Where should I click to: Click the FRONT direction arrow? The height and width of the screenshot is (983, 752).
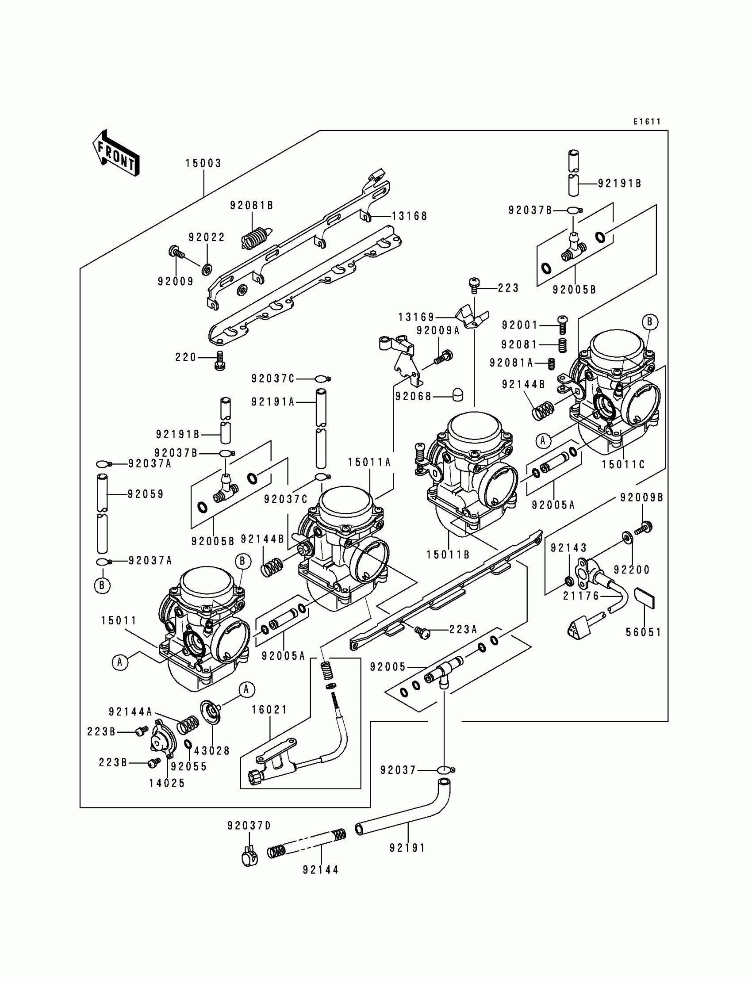(x=116, y=153)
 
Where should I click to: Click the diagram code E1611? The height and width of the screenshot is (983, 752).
(x=647, y=121)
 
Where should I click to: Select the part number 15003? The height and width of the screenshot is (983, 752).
(x=203, y=163)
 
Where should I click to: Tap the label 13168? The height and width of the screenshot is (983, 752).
(x=410, y=216)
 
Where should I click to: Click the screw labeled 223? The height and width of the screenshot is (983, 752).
(x=475, y=285)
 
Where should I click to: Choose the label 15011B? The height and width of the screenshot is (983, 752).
(x=448, y=555)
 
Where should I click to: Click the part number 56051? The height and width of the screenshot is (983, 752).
(x=643, y=632)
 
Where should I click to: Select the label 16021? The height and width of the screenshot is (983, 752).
(x=269, y=710)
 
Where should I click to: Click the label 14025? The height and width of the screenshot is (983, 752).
(x=167, y=783)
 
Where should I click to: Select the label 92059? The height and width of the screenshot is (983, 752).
(x=146, y=494)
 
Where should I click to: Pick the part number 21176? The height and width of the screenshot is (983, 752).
(x=581, y=596)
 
